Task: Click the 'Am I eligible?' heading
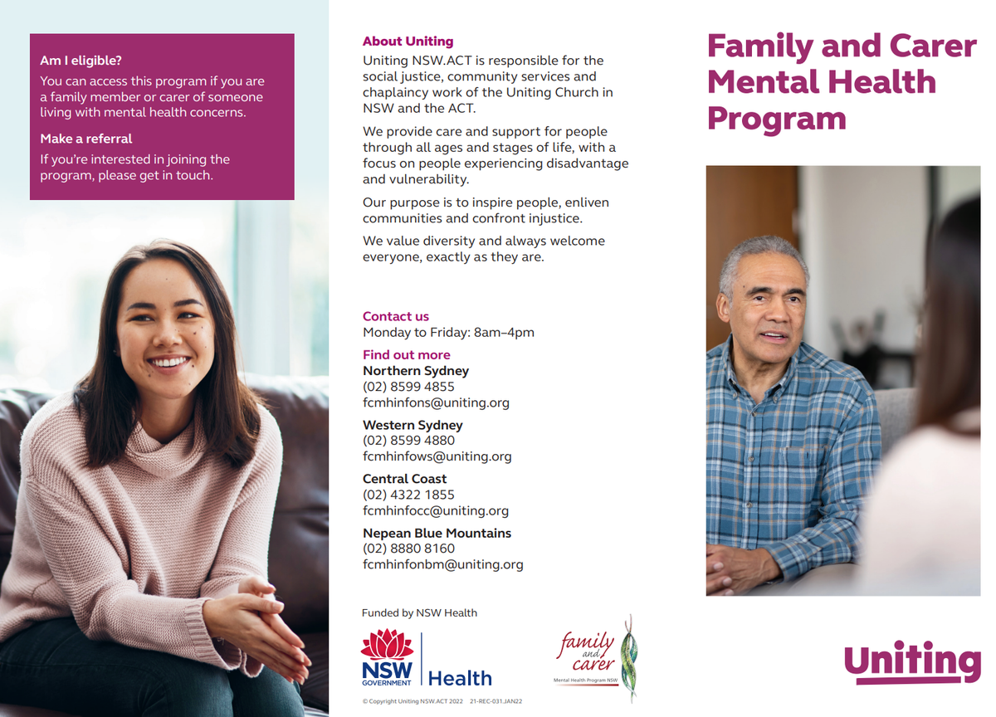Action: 81,61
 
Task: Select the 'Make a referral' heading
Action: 85,139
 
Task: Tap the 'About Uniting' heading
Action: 408,41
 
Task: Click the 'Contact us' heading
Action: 396,316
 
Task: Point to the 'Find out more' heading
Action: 407,354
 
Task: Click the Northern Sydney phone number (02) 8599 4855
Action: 408,387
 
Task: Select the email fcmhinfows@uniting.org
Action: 437,456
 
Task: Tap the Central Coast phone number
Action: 408,495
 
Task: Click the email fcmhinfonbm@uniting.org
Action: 443,564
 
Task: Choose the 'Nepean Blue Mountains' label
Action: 437,533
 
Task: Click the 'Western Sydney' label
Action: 413,425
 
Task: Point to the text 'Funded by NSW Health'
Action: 419,613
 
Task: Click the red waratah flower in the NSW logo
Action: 387,644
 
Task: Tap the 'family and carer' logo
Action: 596,659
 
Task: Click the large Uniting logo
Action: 912,661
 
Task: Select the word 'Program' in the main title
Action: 776,119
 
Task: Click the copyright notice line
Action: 442,701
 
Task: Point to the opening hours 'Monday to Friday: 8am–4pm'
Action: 448,333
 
